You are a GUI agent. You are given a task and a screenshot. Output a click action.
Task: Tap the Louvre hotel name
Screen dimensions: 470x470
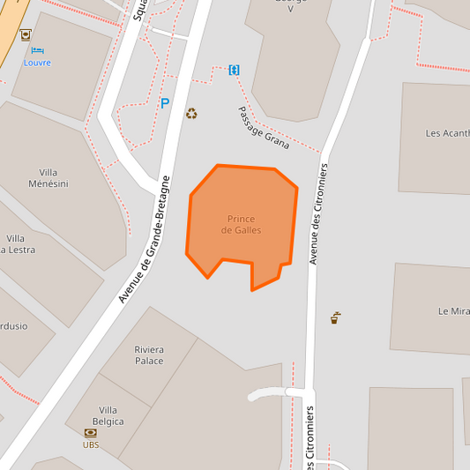[x=37, y=63]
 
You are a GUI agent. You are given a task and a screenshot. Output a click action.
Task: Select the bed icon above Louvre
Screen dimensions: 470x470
[x=36, y=49]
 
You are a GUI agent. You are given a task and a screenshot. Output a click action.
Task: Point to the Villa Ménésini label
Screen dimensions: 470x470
[x=54, y=177]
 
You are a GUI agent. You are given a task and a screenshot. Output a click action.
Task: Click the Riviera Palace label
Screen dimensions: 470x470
[x=149, y=354]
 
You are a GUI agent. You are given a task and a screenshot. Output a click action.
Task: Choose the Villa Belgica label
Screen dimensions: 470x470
[x=111, y=415]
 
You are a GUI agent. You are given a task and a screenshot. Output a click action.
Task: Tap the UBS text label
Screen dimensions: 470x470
[x=91, y=444]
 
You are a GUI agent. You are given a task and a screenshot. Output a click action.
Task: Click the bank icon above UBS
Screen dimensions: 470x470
[x=91, y=432]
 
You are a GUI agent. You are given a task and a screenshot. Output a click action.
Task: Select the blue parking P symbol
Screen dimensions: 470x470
[x=164, y=103]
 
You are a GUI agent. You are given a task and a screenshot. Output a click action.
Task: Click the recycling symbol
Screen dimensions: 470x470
[x=191, y=113]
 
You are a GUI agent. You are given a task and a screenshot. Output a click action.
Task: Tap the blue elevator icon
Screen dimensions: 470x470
[x=235, y=70]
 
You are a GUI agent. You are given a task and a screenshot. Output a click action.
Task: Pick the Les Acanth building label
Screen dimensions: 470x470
[x=447, y=134]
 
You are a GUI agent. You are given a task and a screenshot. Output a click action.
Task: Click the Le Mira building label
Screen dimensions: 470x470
[x=454, y=311]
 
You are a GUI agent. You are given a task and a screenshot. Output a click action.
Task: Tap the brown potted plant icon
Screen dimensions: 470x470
[x=335, y=317]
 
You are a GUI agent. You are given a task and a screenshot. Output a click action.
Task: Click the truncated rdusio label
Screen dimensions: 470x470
[x=13, y=325]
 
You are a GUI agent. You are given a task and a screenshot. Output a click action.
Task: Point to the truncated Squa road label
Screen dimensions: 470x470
[x=140, y=10]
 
